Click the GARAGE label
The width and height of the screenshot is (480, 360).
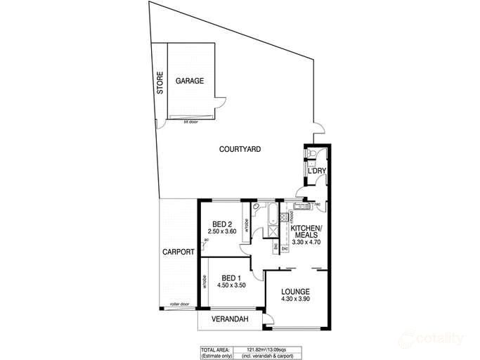(190, 81)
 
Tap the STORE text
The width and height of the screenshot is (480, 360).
(160, 84)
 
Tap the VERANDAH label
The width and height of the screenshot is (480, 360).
(231, 320)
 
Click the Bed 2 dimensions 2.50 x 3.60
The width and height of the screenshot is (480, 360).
(221, 231)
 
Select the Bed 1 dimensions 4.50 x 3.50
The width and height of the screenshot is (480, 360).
(231, 285)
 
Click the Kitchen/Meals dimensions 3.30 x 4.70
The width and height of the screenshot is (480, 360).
(306, 242)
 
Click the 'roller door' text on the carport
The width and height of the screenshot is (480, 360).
(179, 304)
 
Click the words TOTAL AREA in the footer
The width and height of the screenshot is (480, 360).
(214, 349)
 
